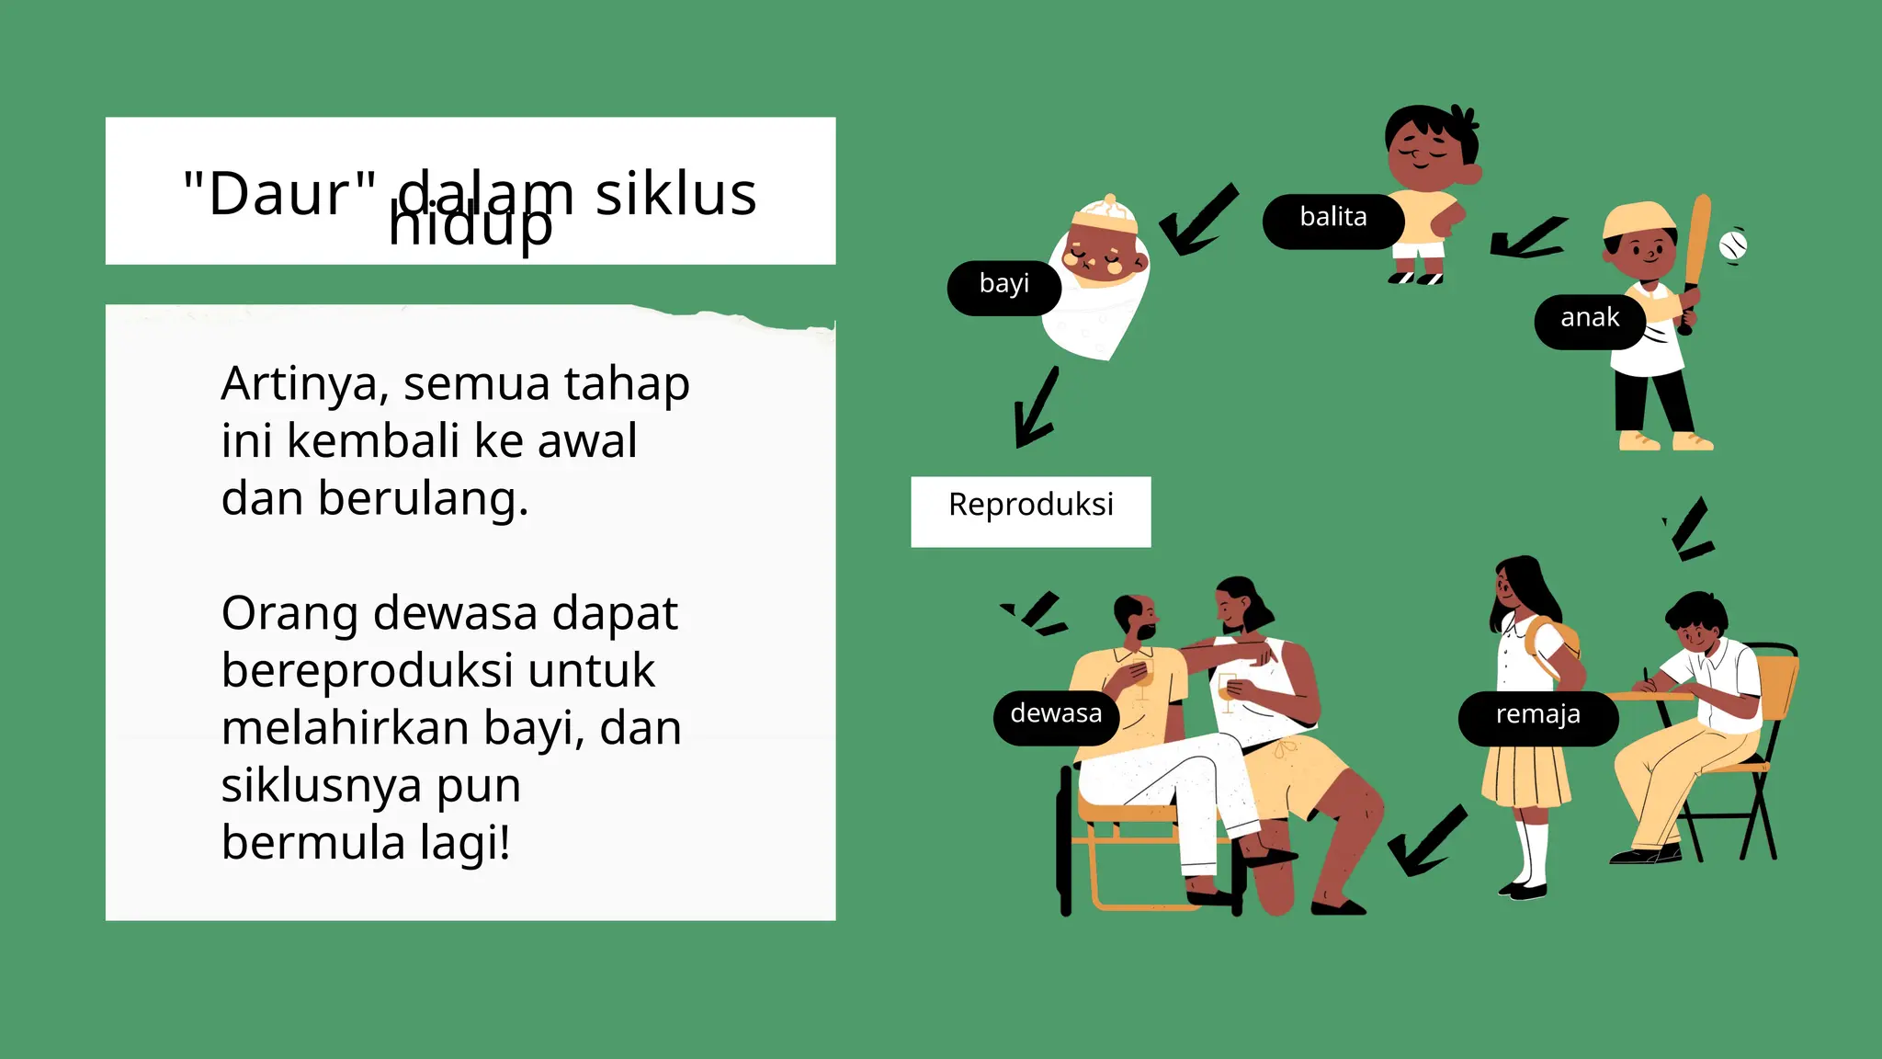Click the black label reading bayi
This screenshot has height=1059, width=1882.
click(x=1003, y=288)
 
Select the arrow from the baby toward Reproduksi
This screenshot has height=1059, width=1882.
click(x=1036, y=407)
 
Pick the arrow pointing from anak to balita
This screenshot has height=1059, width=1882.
click(x=1527, y=238)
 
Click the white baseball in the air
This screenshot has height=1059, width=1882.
click(x=1732, y=245)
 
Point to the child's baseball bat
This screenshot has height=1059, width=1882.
click(x=1695, y=257)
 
